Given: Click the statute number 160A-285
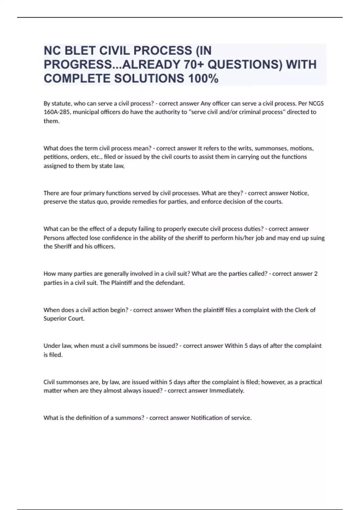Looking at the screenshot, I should coord(57,112).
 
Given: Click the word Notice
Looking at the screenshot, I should coord(299,193).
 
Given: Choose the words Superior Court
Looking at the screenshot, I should coord(64,319).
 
